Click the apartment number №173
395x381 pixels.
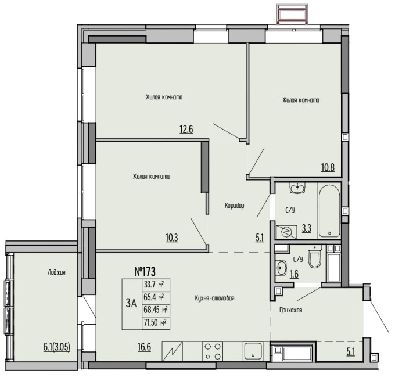145,272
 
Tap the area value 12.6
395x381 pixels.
186,130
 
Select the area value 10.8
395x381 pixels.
328,167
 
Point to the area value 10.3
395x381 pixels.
172,238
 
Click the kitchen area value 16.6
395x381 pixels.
144,347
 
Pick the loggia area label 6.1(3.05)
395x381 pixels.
57,347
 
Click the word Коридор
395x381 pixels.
235,206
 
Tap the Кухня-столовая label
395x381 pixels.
214,298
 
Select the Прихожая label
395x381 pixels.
290,310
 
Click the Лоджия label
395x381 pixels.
56,272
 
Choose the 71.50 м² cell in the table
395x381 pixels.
156,323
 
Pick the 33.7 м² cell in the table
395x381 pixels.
156,285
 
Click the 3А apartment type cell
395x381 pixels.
131,303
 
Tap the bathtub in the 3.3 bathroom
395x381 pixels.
329,211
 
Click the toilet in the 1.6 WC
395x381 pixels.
315,257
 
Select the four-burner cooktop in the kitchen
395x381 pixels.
213,351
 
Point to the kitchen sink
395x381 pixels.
253,351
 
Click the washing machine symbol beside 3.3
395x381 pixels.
286,232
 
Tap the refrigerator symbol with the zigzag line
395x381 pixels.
172,351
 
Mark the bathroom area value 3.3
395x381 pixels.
307,229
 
